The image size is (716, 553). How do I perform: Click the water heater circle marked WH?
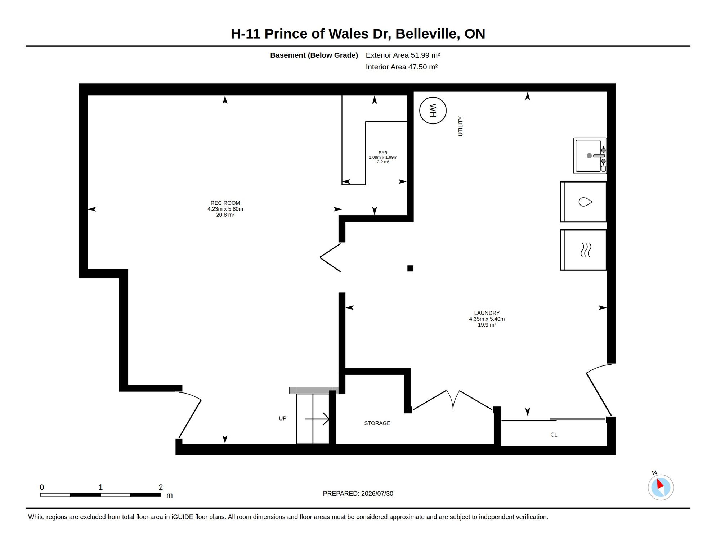click(x=433, y=111)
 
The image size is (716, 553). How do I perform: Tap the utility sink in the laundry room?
click(x=590, y=156)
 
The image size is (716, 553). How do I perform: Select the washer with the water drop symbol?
click(x=583, y=202)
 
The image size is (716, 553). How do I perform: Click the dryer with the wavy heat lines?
click(x=583, y=250)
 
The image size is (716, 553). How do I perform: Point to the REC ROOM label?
click(x=225, y=203)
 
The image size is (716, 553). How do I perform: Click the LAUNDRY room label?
click(x=487, y=313)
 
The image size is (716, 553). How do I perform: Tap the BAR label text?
click(x=383, y=153)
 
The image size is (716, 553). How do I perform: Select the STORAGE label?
click(x=377, y=423)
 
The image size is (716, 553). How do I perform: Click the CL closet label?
click(x=554, y=435)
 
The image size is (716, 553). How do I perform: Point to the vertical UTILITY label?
click(x=460, y=126)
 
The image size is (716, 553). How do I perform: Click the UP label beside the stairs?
click(x=282, y=418)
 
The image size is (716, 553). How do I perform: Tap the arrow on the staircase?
click(x=317, y=419)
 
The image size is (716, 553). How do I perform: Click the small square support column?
click(x=410, y=268)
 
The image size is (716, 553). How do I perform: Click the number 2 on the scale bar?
click(x=161, y=487)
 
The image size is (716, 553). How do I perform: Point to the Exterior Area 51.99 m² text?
click(x=403, y=55)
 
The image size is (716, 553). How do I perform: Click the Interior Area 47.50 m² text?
click(x=402, y=67)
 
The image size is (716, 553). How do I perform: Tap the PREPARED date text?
click(x=358, y=494)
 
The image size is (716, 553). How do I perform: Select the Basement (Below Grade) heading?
click(x=314, y=55)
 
